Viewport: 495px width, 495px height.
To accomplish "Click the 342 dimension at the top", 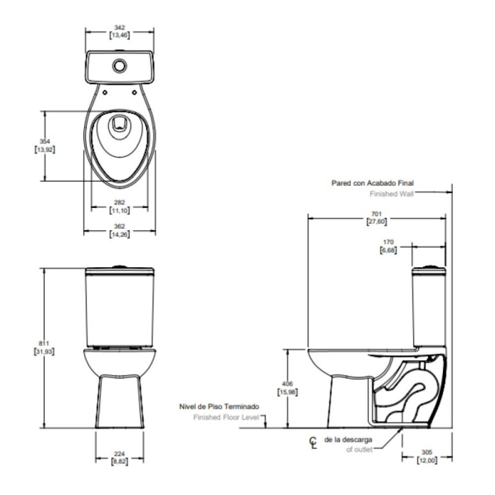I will [120, 27].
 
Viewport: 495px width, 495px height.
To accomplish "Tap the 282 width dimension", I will [120, 202].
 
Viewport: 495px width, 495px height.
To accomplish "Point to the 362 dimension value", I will [120, 226].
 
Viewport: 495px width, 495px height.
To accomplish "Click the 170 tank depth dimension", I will [389, 242].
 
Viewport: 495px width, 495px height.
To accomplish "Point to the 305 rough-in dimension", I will [427, 452].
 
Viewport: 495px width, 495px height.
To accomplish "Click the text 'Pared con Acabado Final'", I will [372, 184].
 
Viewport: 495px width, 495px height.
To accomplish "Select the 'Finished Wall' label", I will [391, 194].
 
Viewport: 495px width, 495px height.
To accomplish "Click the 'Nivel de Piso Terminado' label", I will [219, 407].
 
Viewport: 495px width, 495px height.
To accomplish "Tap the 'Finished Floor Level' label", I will [226, 418].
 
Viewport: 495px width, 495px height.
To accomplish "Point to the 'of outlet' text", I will [359, 450].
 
